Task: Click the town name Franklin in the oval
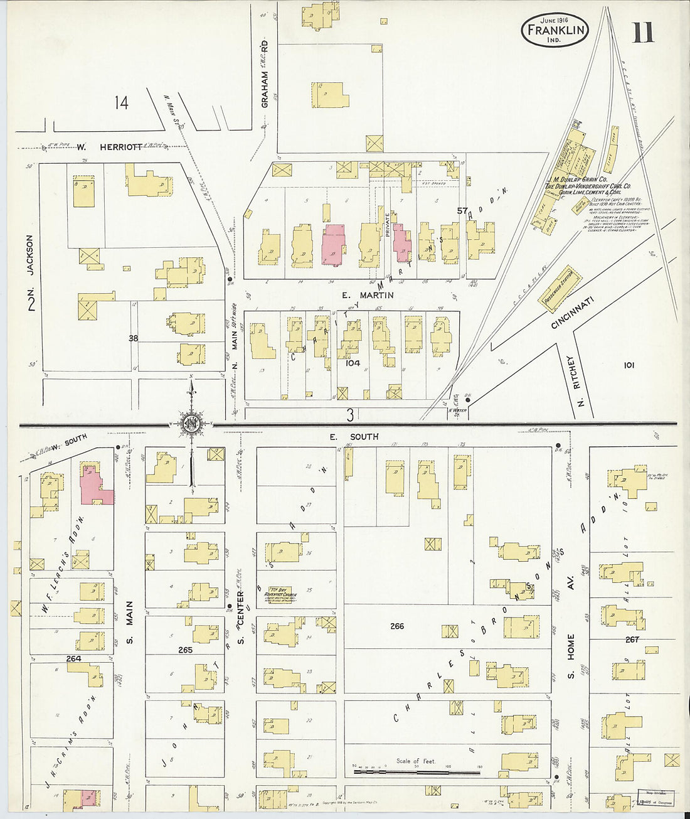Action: (x=554, y=29)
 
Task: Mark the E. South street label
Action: (x=355, y=436)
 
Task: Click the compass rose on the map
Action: (x=191, y=425)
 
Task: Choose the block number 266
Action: (x=396, y=626)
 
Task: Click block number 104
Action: (x=353, y=363)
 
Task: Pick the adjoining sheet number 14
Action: (x=121, y=102)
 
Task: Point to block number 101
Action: (x=629, y=365)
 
